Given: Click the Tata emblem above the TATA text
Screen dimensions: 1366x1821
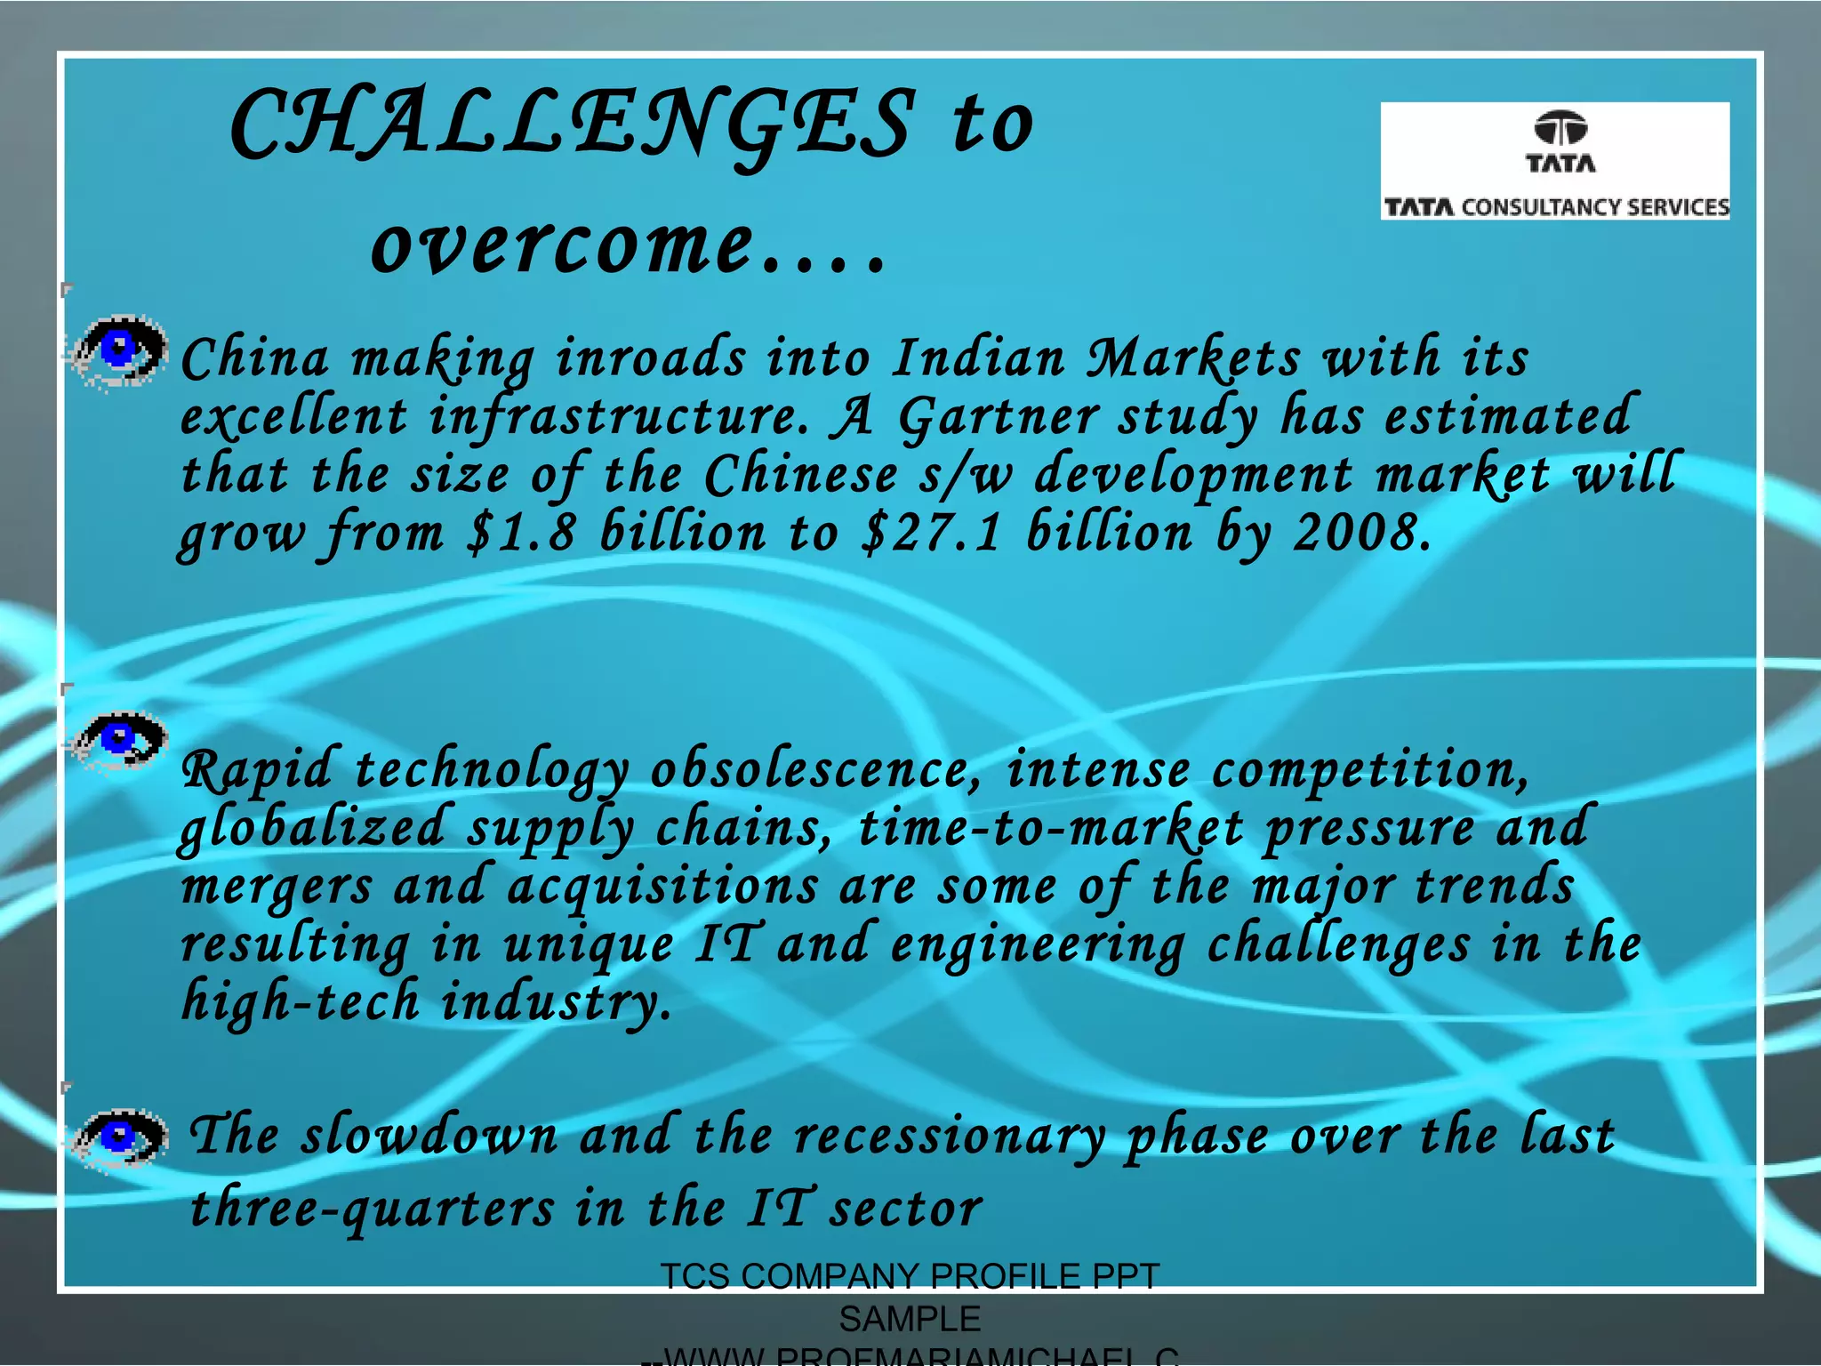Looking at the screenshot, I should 1560,128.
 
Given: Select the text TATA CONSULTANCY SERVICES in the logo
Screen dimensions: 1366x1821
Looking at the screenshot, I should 1556,207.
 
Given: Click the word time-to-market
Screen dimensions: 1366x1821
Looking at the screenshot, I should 1049,829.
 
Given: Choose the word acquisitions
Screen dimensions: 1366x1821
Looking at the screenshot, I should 662,888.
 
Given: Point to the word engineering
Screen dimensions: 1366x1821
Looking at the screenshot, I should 1037,946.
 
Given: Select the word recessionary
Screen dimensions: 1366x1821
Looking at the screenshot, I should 949,1137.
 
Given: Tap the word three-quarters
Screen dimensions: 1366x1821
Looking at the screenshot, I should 373,1209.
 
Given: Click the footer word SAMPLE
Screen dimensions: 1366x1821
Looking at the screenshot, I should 910,1319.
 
